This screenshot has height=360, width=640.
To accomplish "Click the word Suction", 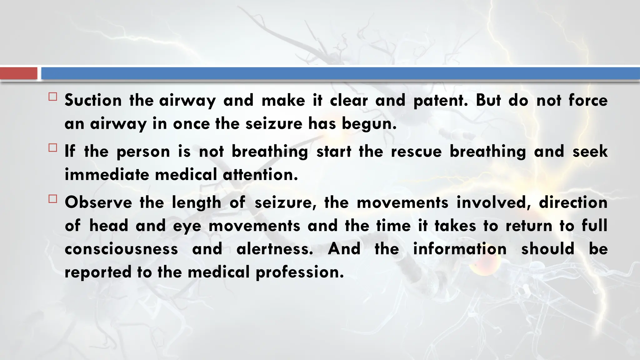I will click(x=93, y=100).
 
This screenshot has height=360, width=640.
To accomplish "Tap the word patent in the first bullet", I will click(x=440, y=100).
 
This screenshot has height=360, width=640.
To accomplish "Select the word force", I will click(x=588, y=100).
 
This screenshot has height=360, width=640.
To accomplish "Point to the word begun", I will click(x=369, y=124).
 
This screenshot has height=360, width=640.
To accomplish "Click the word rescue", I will click(x=416, y=152).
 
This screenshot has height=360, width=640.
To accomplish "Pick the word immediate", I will click(x=107, y=174).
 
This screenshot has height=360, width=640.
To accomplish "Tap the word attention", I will click(x=260, y=174).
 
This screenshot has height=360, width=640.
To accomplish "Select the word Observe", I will click(x=98, y=202).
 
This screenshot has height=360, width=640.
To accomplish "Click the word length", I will click(x=197, y=202).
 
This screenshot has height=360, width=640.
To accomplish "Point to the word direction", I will click(x=573, y=202).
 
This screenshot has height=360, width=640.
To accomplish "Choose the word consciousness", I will click(x=121, y=249).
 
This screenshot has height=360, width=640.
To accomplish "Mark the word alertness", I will click(x=275, y=249).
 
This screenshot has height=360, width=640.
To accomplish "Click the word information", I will click(x=460, y=249).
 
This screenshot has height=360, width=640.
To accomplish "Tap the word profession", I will click(x=300, y=272).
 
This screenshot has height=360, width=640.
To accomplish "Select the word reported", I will click(x=98, y=272).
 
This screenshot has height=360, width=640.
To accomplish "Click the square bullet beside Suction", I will click(x=53, y=97).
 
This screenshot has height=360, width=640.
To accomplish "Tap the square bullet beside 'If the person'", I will click(x=53, y=148).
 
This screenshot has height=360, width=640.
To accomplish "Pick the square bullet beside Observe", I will click(x=53, y=199).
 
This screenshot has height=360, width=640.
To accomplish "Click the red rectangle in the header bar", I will click(x=18, y=73).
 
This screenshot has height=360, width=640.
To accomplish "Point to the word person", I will click(x=143, y=152).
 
